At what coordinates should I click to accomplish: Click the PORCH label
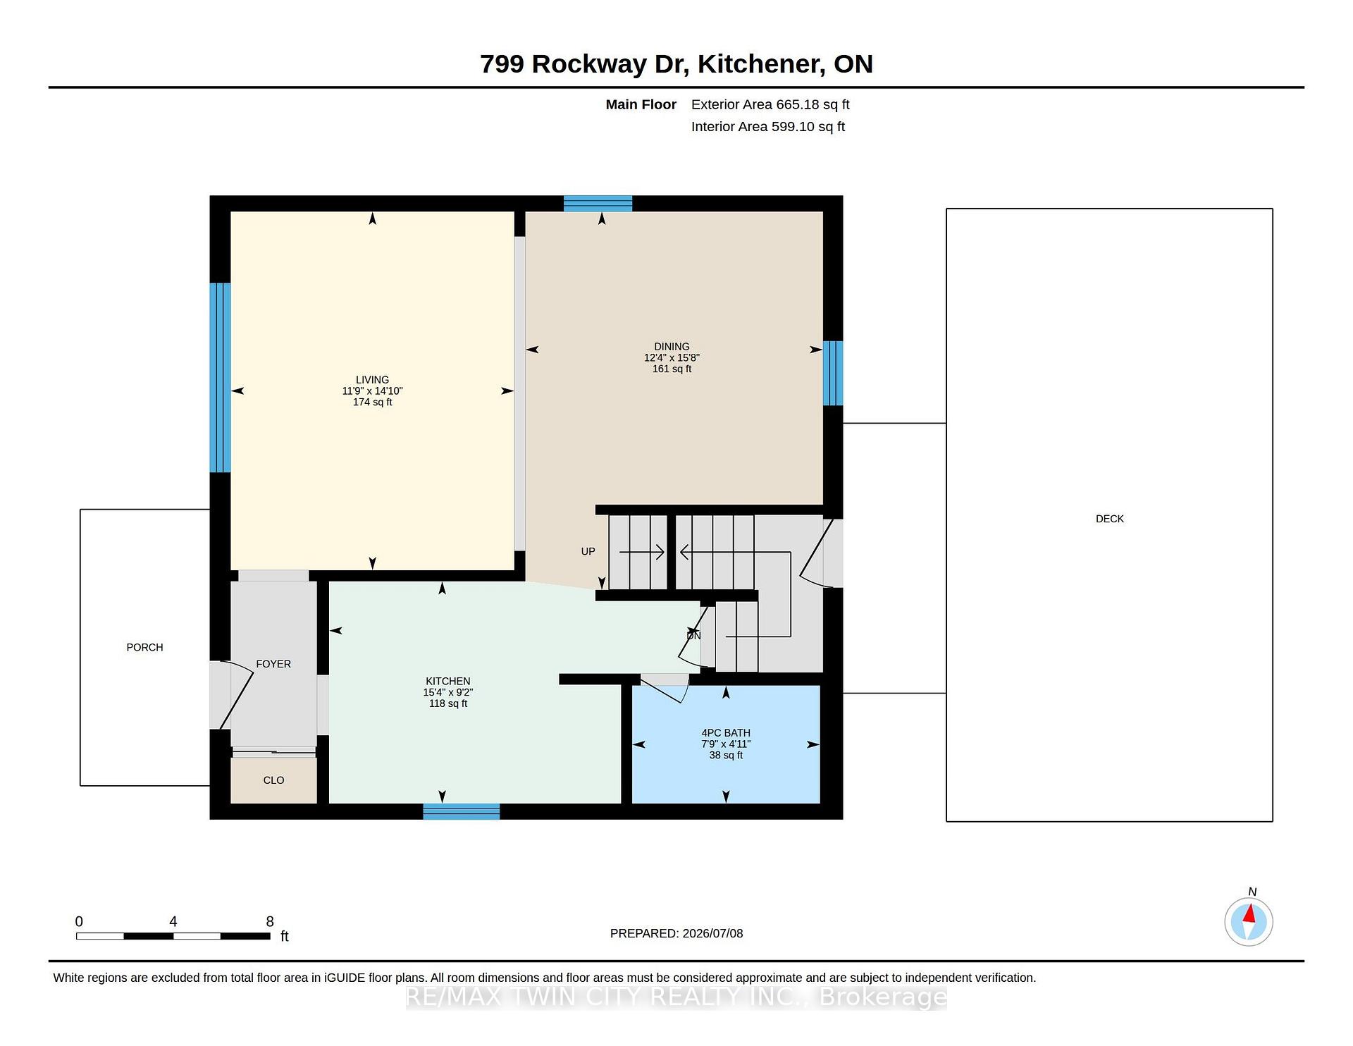point(144,647)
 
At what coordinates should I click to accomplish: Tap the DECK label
point(1109,519)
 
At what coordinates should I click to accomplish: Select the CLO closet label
point(273,780)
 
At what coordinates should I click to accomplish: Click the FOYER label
point(273,664)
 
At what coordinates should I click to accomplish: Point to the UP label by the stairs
point(588,551)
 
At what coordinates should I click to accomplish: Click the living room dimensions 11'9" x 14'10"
point(372,391)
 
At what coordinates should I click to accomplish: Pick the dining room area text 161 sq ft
point(672,369)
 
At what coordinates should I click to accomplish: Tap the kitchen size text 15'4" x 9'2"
point(447,692)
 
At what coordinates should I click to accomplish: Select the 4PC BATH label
point(726,733)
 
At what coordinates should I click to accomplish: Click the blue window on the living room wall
point(221,378)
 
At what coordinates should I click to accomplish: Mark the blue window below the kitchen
point(462,811)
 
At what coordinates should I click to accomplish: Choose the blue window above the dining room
point(598,204)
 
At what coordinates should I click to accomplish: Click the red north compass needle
point(1249,914)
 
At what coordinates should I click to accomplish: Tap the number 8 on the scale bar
point(270,921)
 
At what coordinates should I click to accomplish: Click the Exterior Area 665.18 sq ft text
point(770,104)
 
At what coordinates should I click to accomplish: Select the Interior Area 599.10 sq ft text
point(768,127)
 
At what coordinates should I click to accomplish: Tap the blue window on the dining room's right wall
point(833,373)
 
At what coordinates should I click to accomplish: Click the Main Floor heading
point(641,104)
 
